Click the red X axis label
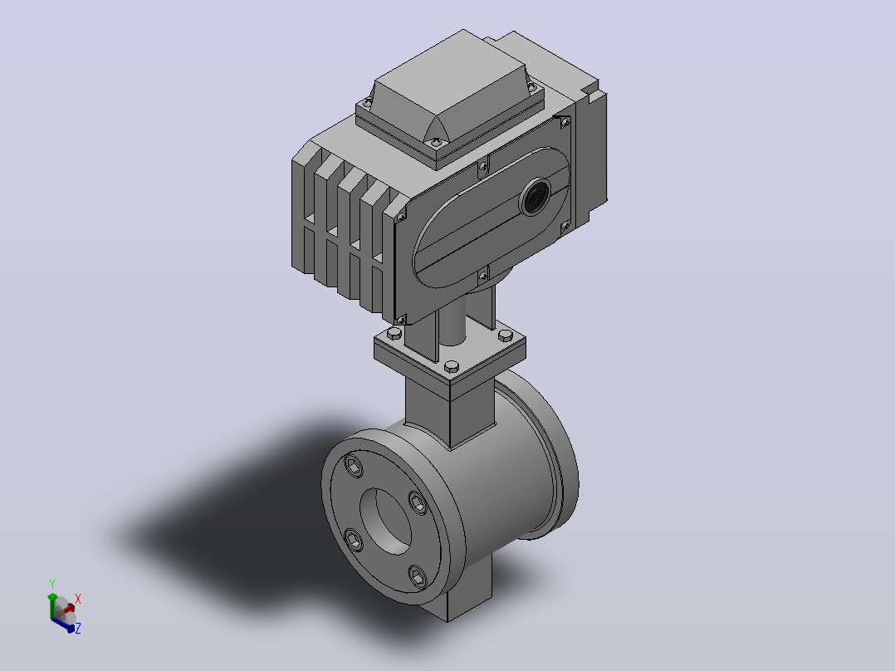coord(78,599)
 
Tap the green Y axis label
coord(52,585)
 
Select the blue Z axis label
coord(78,628)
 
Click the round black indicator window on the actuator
coord(536,197)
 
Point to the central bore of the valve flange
coord(385,520)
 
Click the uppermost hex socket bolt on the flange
coord(355,467)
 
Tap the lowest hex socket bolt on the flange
coord(418,577)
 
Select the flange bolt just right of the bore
coord(418,503)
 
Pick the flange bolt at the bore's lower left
coord(354,540)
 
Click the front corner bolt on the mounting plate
coord(452,365)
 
